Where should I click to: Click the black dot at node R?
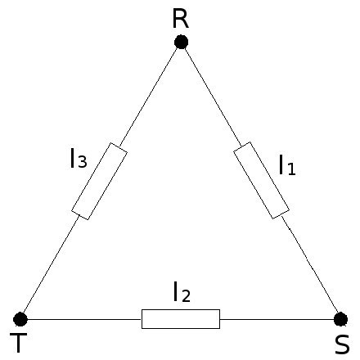tap(181, 42)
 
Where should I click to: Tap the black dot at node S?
tap(340, 319)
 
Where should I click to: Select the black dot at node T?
tap(20, 319)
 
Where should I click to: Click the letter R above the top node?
tap(181, 19)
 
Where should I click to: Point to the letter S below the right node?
tap(342, 344)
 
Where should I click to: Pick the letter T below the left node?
tap(18, 343)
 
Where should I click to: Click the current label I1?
tap(287, 165)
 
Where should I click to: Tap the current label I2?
tap(182, 292)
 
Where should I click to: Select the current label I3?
tap(79, 158)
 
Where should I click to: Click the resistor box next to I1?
tap(261, 180)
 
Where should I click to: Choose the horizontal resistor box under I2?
tap(181, 319)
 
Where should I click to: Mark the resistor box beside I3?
tap(99, 181)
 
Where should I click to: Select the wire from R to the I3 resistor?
tap(149, 97)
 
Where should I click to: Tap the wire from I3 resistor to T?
tap(52, 264)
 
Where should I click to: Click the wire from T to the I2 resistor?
tap(84, 319)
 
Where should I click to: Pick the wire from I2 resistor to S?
tap(277, 319)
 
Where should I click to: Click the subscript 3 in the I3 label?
tap(83, 161)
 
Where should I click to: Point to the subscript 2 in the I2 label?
tap(186, 295)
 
